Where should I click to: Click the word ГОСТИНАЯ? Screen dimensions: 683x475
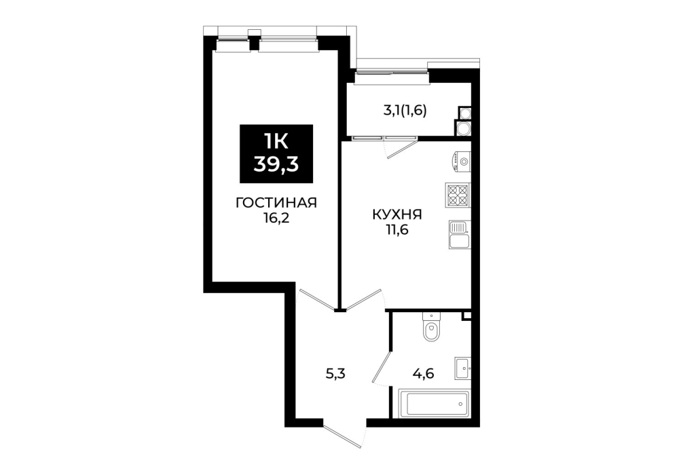pyautogui.click(x=276, y=203)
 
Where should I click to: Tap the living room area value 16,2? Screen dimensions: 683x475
pyautogui.click(x=276, y=218)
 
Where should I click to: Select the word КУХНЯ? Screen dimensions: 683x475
pyautogui.click(x=396, y=214)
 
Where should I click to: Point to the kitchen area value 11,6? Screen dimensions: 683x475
pyautogui.click(x=396, y=230)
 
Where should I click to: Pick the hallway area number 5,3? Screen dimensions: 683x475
pyautogui.click(x=335, y=373)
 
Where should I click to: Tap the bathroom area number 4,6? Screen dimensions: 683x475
pyautogui.click(x=424, y=373)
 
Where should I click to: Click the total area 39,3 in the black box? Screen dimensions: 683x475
pyautogui.click(x=276, y=165)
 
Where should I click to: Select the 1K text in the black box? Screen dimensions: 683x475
pyautogui.click(x=276, y=141)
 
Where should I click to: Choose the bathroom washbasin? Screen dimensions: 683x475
pyautogui.click(x=462, y=368)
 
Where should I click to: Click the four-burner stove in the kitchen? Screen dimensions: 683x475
pyautogui.click(x=458, y=195)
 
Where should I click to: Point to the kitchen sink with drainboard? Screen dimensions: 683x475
pyautogui.click(x=460, y=234)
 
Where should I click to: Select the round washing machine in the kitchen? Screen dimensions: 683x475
pyautogui.click(x=461, y=161)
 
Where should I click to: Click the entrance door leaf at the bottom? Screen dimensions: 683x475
pyautogui.click(x=343, y=434)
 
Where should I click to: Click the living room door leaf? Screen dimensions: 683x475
pyautogui.click(x=316, y=300)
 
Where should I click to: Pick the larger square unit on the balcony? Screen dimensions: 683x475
pyautogui.click(x=462, y=128)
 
